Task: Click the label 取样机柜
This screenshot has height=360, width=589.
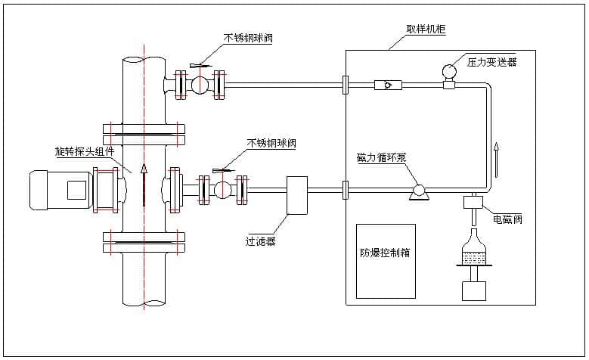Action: [x=415, y=29]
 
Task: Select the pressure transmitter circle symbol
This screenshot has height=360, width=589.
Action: [x=448, y=71]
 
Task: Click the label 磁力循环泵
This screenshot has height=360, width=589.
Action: [x=382, y=158]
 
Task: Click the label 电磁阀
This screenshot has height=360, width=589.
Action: [x=507, y=219]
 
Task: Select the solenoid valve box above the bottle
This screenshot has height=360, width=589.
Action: [x=474, y=203]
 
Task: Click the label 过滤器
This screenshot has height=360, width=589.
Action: [x=260, y=241]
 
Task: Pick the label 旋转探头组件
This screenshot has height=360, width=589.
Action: [x=85, y=151]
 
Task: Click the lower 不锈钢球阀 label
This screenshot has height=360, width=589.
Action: [x=271, y=142]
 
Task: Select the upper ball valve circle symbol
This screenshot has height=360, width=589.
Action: [x=200, y=85]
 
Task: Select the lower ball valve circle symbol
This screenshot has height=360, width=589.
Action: [x=222, y=190]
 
